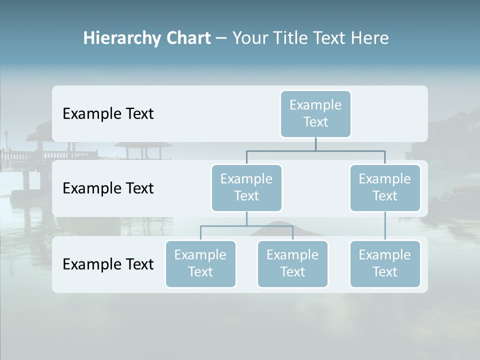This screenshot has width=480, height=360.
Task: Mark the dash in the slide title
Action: click(221, 38)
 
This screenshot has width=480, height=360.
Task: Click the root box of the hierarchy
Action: click(315, 113)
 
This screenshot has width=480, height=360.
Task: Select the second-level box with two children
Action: click(246, 187)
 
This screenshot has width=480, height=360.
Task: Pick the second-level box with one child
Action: click(385, 187)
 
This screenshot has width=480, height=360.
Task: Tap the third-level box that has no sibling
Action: click(385, 263)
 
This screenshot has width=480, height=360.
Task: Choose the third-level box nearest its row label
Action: click(200, 263)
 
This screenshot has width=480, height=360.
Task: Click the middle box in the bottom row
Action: click(292, 263)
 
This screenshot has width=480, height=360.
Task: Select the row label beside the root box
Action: click(108, 113)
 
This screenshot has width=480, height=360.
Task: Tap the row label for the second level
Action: click(108, 188)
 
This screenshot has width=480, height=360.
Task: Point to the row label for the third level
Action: click(108, 264)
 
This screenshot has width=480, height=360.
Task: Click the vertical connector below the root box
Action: click(315, 144)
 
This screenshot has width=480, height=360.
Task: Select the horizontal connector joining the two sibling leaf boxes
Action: click(246, 226)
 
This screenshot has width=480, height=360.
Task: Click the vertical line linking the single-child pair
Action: click(385, 226)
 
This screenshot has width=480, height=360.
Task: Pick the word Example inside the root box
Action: click(315, 105)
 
